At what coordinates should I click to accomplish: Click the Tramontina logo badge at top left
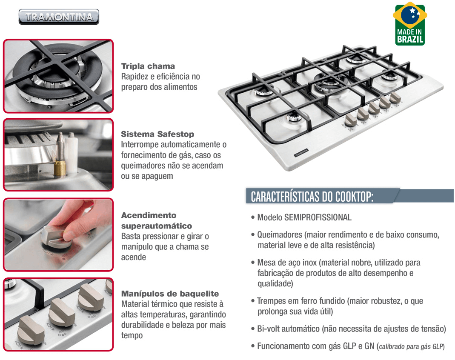59,17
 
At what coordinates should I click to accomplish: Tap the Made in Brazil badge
410,24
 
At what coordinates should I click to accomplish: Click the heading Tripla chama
148,66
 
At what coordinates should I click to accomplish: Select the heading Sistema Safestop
157,134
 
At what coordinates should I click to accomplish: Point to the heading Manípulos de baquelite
170,294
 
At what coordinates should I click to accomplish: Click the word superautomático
157,226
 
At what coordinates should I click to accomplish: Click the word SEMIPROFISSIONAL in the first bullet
318,217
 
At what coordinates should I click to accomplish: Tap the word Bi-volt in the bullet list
268,329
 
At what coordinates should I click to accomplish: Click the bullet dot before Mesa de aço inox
253,263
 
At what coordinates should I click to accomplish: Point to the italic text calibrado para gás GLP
411,346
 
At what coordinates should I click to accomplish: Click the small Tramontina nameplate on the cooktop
301,153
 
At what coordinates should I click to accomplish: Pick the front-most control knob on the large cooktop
351,120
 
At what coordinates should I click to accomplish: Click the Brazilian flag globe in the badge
410,15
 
